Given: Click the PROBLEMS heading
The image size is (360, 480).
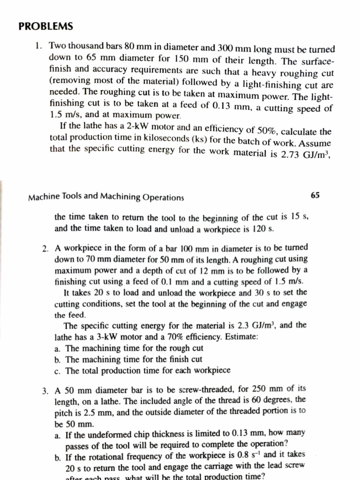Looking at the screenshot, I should (x=46, y=26).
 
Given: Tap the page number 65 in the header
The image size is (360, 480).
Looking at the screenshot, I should (x=315, y=195).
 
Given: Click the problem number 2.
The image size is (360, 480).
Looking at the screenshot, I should (x=45, y=248).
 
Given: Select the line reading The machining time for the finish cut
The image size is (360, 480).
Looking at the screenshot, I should (x=134, y=359).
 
